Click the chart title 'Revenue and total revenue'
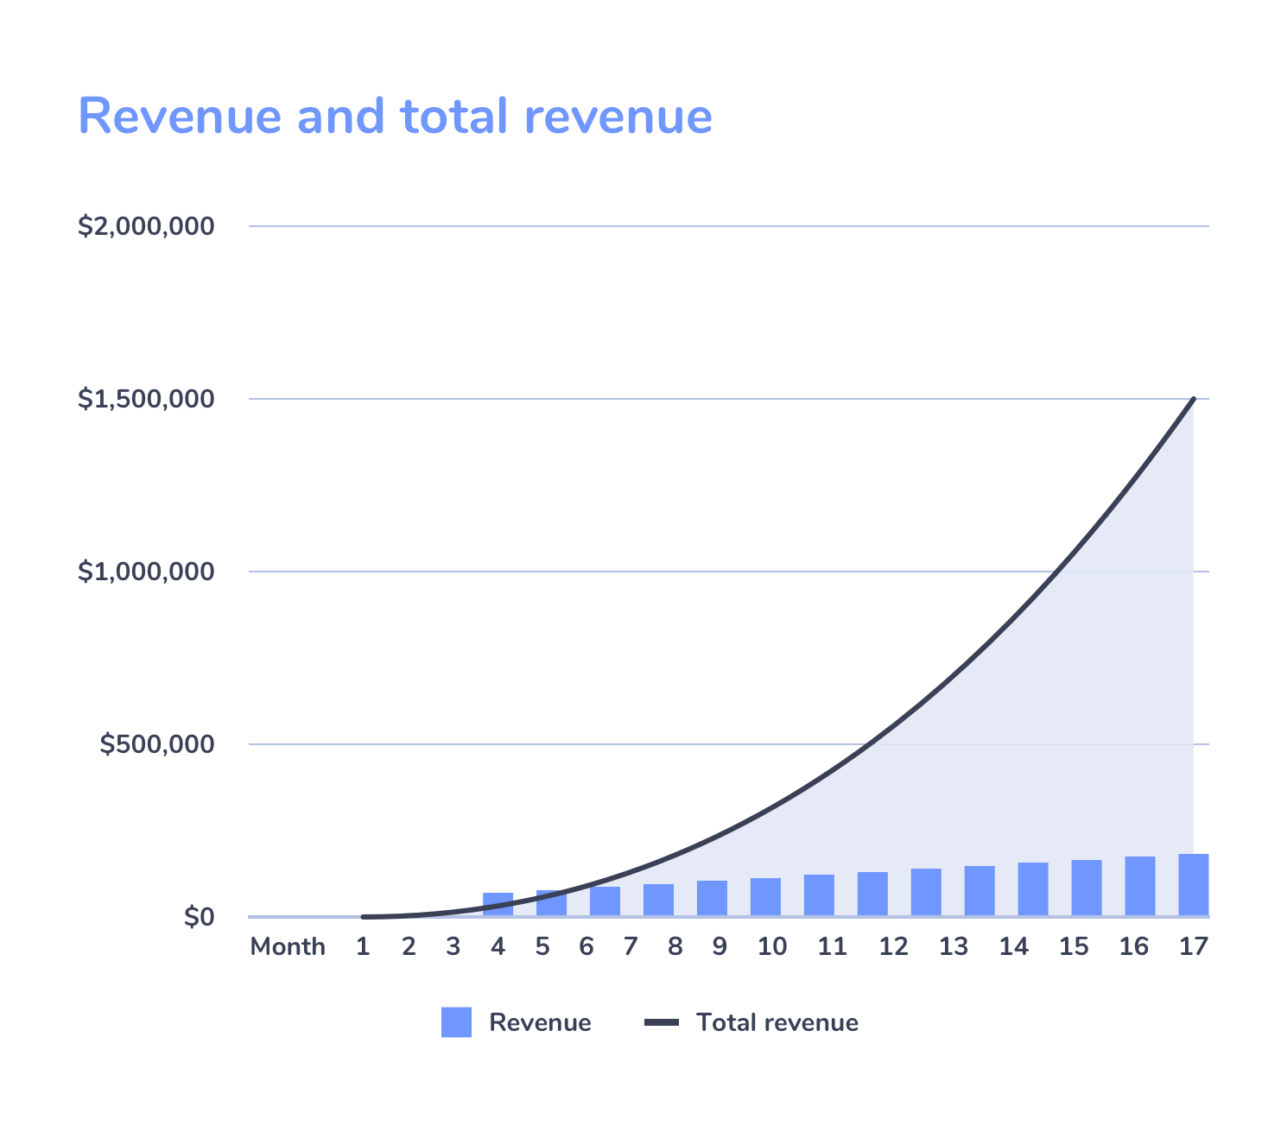point(395,116)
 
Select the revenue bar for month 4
point(498,904)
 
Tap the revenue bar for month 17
point(1193,885)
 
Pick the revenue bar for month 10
point(765,897)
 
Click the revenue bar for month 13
point(926,892)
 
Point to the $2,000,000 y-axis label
point(146,226)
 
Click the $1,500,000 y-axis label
point(146,399)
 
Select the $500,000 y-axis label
point(156,744)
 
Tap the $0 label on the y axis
point(199,917)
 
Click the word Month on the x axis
point(288,947)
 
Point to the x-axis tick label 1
point(363,947)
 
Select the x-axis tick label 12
point(893,947)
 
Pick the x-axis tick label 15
point(1074,947)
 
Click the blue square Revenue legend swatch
point(456,1022)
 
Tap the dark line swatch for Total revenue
point(662,1022)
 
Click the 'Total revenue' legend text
point(777,1022)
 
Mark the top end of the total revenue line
point(1194,399)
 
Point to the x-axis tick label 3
point(453,947)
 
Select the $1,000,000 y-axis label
point(146,572)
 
